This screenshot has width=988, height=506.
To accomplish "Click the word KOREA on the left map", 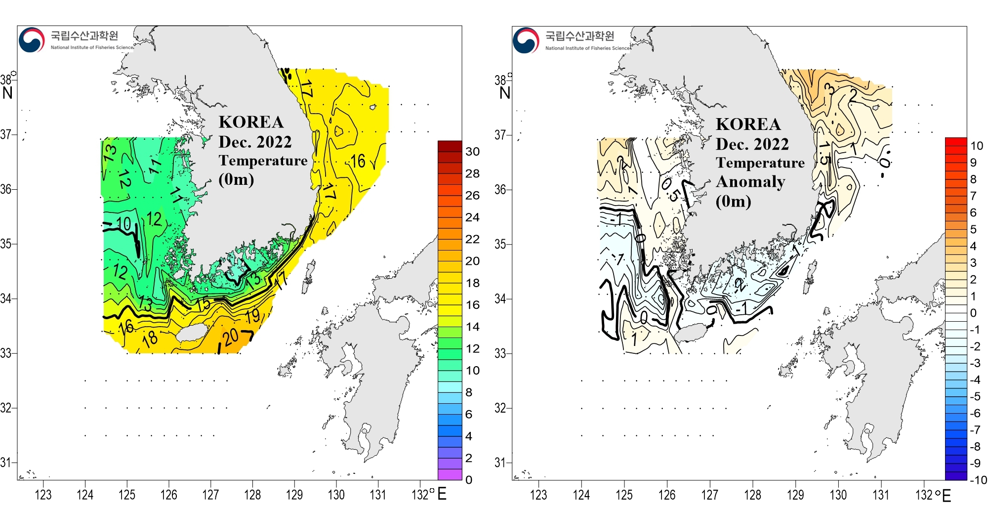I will pos(251,122).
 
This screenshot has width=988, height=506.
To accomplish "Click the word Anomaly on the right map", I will pos(750,182).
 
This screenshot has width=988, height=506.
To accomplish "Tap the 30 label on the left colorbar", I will pos(472,152).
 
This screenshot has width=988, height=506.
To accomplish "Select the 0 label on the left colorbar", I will pos(468,480).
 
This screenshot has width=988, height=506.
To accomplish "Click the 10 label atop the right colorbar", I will pos(977,146).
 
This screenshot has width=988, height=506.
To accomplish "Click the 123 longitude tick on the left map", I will pos(43,495).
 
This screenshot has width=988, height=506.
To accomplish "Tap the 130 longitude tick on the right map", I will pos(838,495).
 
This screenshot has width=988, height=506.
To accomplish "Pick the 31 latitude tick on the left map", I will pos(6,463).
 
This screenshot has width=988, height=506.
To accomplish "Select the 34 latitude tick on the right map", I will pos(500,298).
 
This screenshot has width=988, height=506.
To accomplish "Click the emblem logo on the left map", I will pos(32,40).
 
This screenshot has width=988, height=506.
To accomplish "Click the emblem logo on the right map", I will pos(526,40).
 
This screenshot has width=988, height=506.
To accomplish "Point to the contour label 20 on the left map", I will pos(231,337).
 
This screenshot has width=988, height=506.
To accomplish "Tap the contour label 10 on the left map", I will pos(123,224).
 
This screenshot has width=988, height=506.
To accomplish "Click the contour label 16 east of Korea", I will pos(358,161).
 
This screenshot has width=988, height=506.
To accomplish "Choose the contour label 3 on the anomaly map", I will pos(831,89).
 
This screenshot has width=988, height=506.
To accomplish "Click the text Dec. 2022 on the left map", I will pos(255,142).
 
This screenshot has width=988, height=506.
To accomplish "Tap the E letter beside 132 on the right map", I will pos(947,495).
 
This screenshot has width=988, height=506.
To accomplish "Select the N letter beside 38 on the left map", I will pos(7,93).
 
